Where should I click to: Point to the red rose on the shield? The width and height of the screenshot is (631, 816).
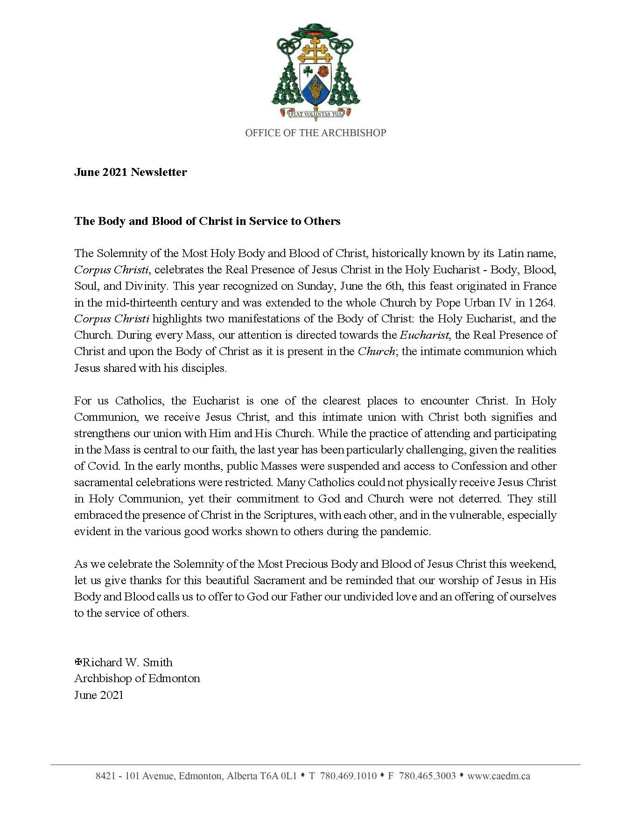[323, 70]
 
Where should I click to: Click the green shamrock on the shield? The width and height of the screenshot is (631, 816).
[308, 70]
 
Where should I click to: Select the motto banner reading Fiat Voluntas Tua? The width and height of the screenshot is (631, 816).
[315, 112]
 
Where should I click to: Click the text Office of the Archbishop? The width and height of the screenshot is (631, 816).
[315, 133]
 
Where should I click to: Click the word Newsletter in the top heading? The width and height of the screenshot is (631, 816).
[159, 172]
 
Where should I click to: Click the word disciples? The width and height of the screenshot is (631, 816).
[204, 368]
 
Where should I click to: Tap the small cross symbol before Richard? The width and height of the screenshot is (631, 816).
[78, 662]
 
